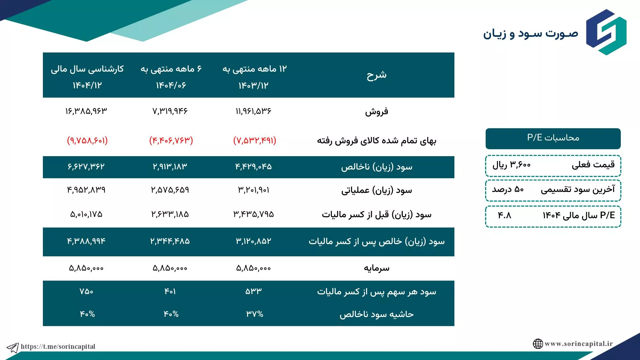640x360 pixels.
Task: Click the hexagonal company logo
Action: (x=606, y=32)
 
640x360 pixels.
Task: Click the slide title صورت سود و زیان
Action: (x=531, y=34)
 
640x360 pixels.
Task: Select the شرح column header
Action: (x=377, y=75)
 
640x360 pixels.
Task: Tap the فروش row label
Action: (x=377, y=111)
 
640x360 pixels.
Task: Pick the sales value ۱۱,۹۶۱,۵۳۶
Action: (x=253, y=111)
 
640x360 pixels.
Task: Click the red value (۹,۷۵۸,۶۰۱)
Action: (x=87, y=140)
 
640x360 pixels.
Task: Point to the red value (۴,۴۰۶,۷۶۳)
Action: (x=171, y=140)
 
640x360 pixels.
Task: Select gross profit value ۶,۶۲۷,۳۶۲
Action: (x=86, y=166)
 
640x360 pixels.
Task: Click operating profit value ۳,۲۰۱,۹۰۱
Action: (x=253, y=190)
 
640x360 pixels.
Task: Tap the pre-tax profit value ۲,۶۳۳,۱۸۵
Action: (x=170, y=214)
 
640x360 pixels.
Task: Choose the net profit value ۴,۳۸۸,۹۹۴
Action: (x=86, y=241)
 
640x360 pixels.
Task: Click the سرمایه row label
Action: (x=377, y=268)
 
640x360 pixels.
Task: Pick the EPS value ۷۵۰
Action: (x=86, y=292)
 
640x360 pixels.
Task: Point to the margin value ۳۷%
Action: (x=255, y=314)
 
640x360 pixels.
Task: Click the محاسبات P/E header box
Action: (x=553, y=139)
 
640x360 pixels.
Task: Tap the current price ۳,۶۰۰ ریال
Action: (x=511, y=165)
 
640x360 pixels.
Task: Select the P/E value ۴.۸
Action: (x=505, y=215)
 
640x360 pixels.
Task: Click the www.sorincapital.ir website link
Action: (x=579, y=344)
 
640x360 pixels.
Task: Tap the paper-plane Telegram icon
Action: (x=13, y=348)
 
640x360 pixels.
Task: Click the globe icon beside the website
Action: (x=538, y=344)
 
